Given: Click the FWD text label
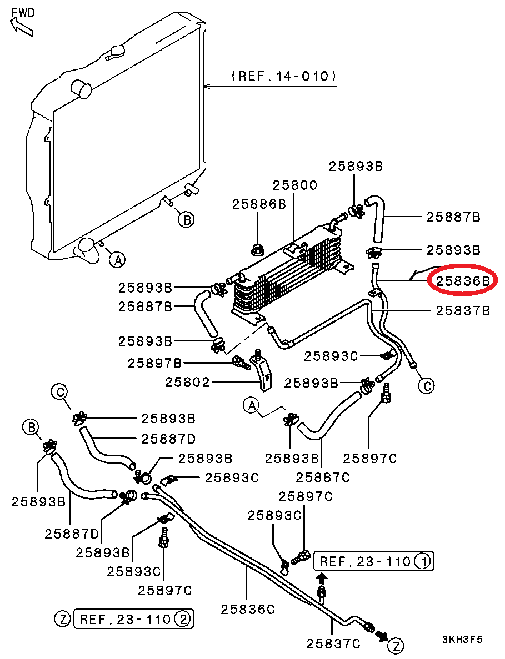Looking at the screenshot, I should click(22, 12).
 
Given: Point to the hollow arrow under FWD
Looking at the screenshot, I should click(21, 26).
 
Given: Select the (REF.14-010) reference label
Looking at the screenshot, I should click(283, 76).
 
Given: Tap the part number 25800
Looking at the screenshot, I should click(294, 185).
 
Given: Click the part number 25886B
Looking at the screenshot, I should click(259, 204).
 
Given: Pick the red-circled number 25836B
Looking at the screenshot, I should click(462, 281).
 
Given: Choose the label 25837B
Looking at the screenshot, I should click(462, 310).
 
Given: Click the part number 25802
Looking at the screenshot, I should click(187, 382).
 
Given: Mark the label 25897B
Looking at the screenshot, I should click(154, 364).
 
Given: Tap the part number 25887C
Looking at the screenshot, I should click(323, 476).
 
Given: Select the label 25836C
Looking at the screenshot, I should click(248, 609).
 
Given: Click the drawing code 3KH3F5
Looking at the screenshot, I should click(462, 639).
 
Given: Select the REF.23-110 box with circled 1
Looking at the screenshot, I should click(373, 561).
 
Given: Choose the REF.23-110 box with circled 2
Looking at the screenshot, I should click(133, 618).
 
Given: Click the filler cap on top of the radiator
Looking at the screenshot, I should click(116, 52).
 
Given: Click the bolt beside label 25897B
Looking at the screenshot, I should click(241, 364).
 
